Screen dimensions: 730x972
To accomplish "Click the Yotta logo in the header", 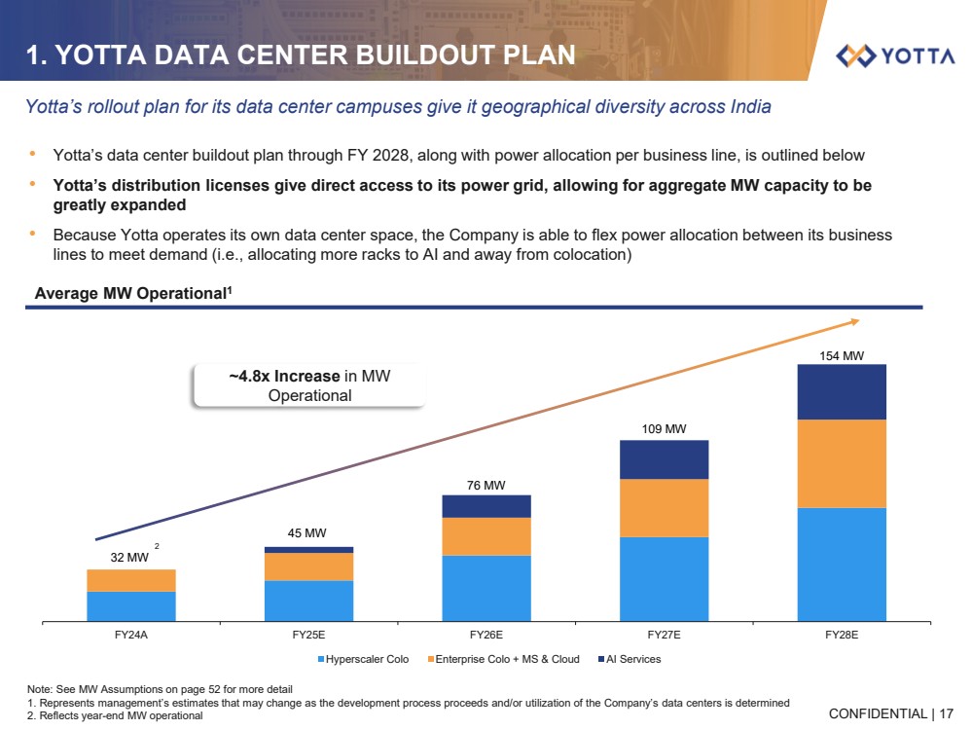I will pyautogui.click(x=895, y=55).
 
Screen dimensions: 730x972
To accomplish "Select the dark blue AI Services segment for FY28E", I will pyautogui.click(x=842, y=392).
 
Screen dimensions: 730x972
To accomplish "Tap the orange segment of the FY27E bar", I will pyautogui.click(x=664, y=508).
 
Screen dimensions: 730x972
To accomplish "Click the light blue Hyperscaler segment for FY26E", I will pyautogui.click(x=486, y=587).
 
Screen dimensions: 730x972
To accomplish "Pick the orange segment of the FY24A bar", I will pyautogui.click(x=131, y=580).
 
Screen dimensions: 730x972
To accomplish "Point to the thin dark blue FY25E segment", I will pyautogui.click(x=308, y=550).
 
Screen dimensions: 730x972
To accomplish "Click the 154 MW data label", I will pyautogui.click(x=842, y=356).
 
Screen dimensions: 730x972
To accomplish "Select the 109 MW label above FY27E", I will pyautogui.click(x=664, y=427).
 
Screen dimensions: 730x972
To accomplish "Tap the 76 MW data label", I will pyautogui.click(x=486, y=484).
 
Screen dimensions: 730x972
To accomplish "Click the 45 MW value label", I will pyautogui.click(x=307, y=532).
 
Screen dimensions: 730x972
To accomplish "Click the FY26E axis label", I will pyautogui.click(x=486, y=635).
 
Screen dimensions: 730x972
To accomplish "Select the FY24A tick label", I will pyautogui.click(x=131, y=635).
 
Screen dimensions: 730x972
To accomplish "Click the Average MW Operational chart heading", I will pyautogui.click(x=133, y=292).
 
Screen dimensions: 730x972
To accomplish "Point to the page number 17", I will pyautogui.click(x=947, y=713).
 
